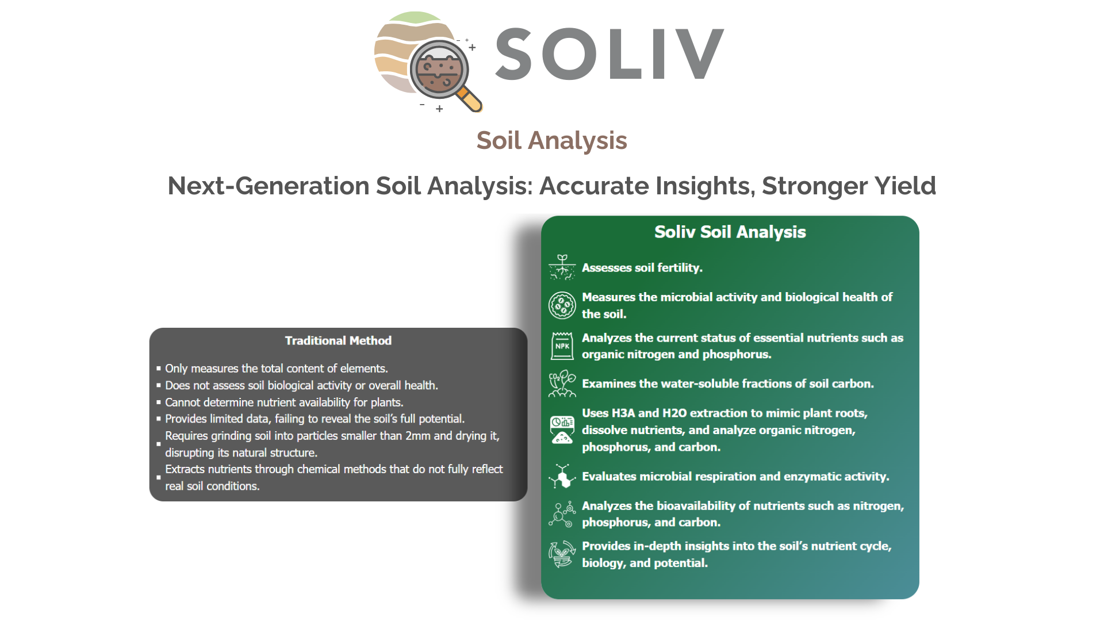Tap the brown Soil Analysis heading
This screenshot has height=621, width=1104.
coord(551,140)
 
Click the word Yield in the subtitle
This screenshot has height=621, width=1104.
coord(906,186)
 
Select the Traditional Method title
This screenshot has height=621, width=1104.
coord(338,340)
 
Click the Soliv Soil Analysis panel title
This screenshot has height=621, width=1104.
coord(730,232)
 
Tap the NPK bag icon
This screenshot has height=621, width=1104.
coord(562,346)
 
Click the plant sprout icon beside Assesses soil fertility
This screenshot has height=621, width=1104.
coord(562,267)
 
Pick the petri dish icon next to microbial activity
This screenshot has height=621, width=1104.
coord(562,305)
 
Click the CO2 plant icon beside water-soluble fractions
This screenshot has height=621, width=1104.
coord(562,384)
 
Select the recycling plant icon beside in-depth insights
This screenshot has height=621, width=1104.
coord(562,554)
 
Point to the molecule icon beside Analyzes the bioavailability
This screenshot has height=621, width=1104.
coord(562,514)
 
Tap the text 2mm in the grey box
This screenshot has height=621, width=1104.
coord(418,436)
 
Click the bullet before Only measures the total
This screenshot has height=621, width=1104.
coord(159,369)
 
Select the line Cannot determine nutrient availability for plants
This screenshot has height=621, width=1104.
coord(284,402)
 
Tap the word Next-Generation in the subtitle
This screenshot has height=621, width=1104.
coord(268,186)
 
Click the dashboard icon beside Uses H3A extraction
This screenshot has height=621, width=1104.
coord(562,430)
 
